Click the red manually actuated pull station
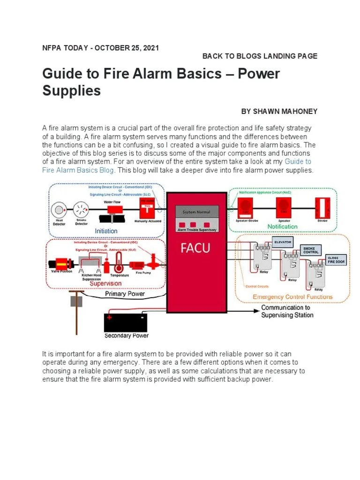click(x=147, y=208)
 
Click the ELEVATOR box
click(x=283, y=242)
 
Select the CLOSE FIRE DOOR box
click(x=336, y=260)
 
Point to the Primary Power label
click(x=125, y=294)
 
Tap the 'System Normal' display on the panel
click(x=197, y=212)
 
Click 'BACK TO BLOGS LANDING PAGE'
click(x=260, y=56)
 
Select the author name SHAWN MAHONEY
click(x=279, y=112)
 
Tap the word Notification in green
click(x=282, y=226)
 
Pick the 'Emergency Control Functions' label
click(x=292, y=297)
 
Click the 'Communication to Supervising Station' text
click(x=287, y=311)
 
